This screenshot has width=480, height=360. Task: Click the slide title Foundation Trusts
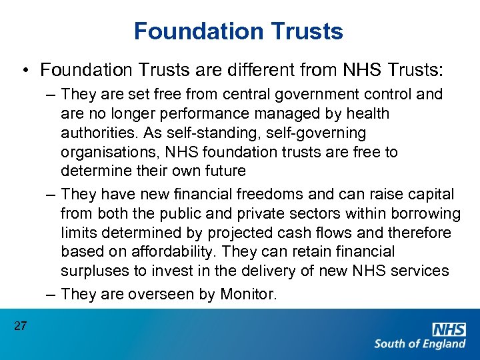(x=239, y=31)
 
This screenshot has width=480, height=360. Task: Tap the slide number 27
(x=20, y=325)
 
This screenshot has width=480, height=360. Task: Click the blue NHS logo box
(x=449, y=329)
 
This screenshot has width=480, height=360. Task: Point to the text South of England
(x=420, y=344)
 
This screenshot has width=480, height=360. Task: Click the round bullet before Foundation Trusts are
(x=24, y=70)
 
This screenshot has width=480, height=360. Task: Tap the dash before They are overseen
(x=51, y=295)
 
